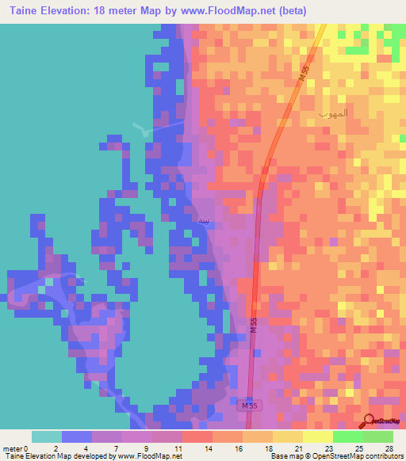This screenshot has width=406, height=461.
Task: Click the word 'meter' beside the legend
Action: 12,448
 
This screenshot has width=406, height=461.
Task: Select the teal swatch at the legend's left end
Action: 47,436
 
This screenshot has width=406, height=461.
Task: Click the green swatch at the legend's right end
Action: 377,436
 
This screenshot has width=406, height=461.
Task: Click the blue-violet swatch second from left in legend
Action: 77,436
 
